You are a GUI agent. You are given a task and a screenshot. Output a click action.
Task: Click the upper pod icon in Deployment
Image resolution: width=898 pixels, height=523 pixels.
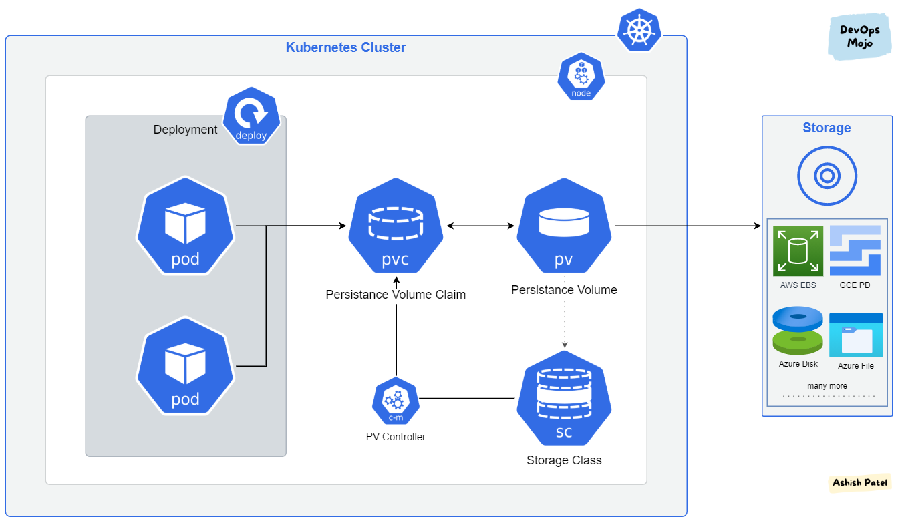185,226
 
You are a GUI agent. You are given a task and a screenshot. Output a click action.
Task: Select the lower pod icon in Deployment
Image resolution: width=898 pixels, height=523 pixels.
185,366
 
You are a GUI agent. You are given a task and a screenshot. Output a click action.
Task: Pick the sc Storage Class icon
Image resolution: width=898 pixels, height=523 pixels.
564,399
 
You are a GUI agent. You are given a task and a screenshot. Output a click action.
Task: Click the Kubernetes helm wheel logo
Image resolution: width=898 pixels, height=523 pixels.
639,30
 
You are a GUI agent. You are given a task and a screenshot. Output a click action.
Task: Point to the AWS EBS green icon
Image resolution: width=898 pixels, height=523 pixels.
798,250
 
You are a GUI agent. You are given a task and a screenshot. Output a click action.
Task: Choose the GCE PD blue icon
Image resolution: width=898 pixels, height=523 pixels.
855,250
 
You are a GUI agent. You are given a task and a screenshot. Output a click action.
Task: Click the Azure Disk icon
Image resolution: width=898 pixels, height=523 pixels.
798,331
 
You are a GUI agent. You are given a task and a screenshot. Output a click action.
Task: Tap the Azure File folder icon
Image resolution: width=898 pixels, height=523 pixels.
855,335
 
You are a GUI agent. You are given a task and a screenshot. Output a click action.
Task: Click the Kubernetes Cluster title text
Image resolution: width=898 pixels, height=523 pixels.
345,47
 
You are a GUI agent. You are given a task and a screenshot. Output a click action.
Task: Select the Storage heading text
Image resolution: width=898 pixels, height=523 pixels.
827,128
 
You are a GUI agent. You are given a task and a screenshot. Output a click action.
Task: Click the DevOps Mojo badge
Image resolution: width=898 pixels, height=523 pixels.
859,37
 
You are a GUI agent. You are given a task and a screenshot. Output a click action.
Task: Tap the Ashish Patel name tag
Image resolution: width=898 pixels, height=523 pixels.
860,482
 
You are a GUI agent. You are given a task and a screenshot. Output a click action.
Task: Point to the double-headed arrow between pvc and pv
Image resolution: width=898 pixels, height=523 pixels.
480,226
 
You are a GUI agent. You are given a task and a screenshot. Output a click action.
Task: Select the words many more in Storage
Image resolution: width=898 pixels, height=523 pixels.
827,386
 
